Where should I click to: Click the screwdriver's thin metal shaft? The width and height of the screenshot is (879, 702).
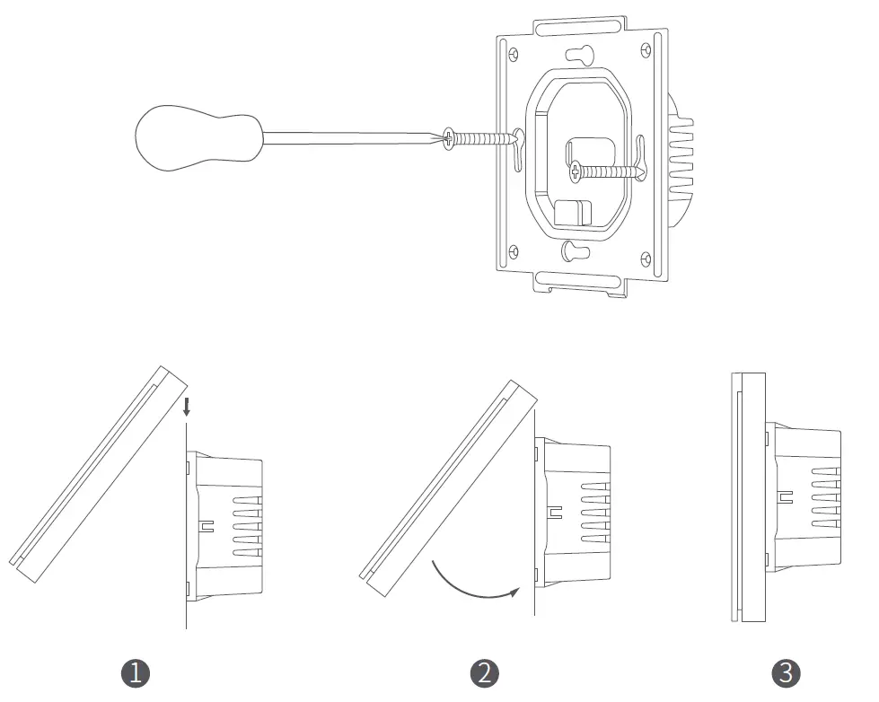[x=350, y=137]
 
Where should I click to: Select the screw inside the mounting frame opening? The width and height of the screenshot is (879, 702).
[x=603, y=170]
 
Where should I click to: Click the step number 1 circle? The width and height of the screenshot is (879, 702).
[x=135, y=673]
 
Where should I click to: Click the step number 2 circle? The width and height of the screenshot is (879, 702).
[x=484, y=673]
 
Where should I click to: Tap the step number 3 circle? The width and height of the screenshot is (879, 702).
[x=786, y=673]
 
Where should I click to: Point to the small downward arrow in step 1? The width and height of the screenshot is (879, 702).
[x=186, y=408]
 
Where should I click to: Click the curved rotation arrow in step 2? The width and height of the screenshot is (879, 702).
[x=474, y=584]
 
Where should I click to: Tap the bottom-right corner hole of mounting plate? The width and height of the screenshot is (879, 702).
[x=645, y=259]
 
